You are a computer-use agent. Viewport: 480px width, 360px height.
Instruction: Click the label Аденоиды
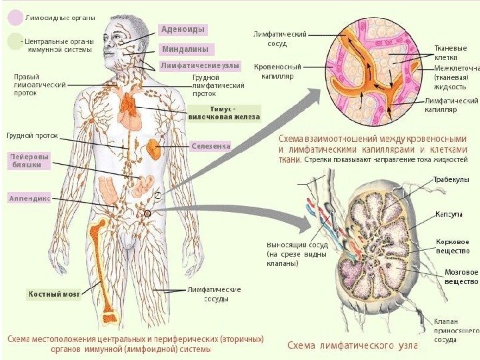pyautogui.click(x=183, y=29)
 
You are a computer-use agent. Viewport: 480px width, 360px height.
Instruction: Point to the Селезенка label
pyautogui.click(x=210, y=145)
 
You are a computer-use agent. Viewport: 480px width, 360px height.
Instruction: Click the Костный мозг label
pyautogui.click(x=54, y=293)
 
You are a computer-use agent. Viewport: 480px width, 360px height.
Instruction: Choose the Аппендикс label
pyautogui.click(x=30, y=198)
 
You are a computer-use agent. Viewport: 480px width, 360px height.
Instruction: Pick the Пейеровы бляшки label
pyautogui.click(x=29, y=161)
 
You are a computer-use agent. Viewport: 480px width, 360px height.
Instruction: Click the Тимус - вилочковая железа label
pyautogui.click(x=224, y=113)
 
